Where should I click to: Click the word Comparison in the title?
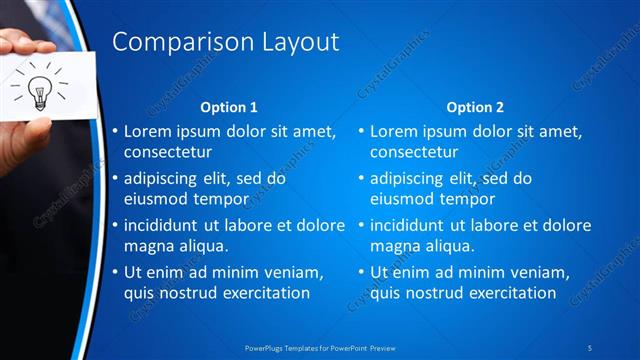(169, 42)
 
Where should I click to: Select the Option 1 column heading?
(229, 106)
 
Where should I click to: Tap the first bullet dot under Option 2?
(362, 132)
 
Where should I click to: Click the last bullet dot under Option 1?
(115, 273)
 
